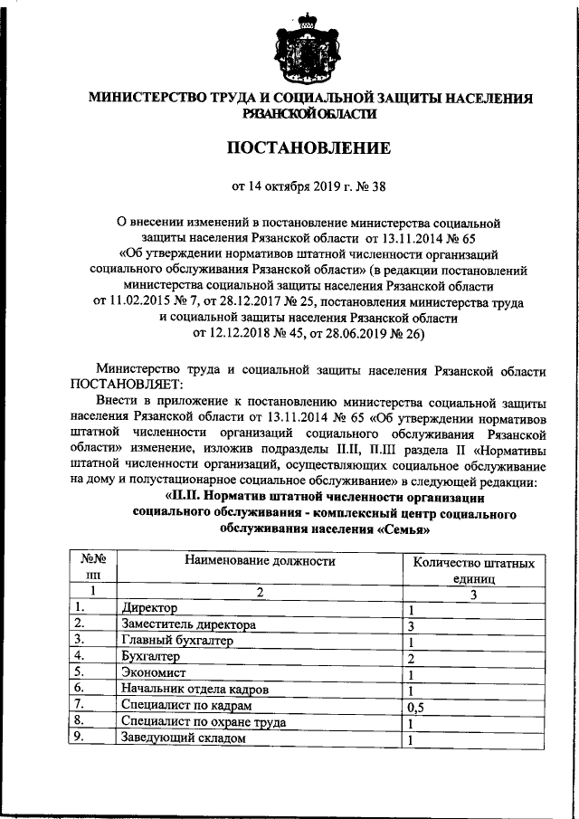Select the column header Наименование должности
260,561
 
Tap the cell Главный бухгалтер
176,641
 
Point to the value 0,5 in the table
416,708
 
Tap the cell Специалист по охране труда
204,722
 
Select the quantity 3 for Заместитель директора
411,625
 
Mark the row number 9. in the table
80,738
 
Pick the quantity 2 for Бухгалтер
411,658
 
